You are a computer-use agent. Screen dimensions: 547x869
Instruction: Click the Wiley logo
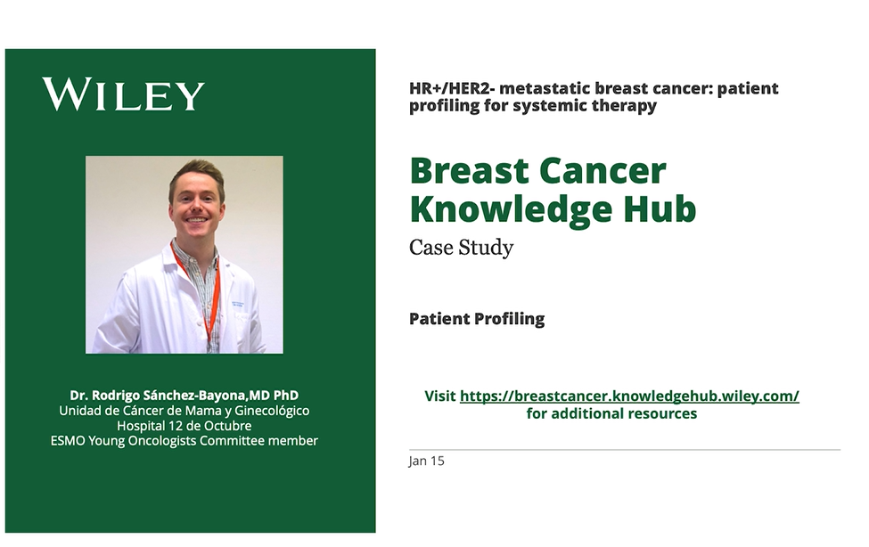pyautogui.click(x=123, y=95)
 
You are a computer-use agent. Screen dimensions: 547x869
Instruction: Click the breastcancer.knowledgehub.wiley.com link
pyautogui.click(x=629, y=396)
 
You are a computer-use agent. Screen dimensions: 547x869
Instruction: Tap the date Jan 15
pyautogui.click(x=426, y=461)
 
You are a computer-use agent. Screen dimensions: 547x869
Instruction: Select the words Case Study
pyautogui.click(x=461, y=248)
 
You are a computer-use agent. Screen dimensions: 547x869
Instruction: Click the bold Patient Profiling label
pyautogui.click(x=476, y=319)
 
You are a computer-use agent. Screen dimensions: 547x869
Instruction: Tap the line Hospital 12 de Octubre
pyautogui.click(x=184, y=426)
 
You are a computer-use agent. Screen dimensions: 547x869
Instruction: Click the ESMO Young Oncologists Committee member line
pyautogui.click(x=184, y=441)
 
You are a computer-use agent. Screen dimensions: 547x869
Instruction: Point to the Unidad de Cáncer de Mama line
pyautogui.click(x=184, y=411)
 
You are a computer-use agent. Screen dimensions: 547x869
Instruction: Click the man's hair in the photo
pyautogui.click(x=196, y=171)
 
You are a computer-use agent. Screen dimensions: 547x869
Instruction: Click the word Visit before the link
pyautogui.click(x=439, y=396)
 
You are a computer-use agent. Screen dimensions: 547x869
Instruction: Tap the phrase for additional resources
pyautogui.click(x=611, y=413)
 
